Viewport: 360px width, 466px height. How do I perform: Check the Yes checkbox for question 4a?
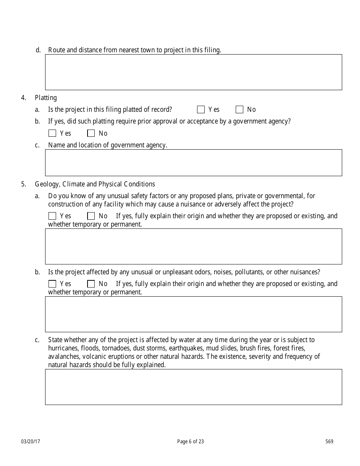point(201,109)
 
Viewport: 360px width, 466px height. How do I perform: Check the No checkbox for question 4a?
point(239,109)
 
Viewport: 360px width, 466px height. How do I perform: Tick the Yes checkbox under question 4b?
point(52,133)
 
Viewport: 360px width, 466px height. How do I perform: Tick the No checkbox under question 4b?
point(91,133)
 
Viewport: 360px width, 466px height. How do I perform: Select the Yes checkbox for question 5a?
point(52,216)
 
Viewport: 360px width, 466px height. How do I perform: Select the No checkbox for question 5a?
point(91,216)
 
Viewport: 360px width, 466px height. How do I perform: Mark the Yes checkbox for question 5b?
point(52,284)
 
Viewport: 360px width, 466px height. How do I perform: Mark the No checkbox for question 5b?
point(91,284)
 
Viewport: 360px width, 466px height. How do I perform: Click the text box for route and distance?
point(193,72)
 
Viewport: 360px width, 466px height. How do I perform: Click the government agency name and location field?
point(193,163)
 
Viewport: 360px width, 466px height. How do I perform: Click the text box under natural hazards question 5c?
point(193,387)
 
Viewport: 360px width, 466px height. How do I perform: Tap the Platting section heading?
point(46,98)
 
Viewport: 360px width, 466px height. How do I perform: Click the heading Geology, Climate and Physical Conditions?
point(95,184)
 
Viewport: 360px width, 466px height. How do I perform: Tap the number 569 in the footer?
point(329,441)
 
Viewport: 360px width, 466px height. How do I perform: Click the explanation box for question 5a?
point(193,246)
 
